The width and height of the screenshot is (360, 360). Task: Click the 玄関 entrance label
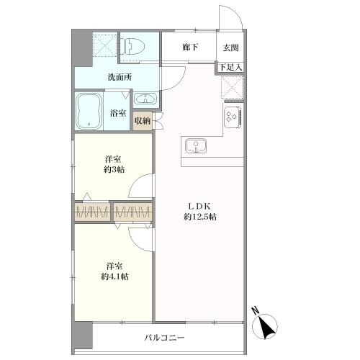tap(230, 48)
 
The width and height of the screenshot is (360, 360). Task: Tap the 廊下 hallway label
tap(191, 48)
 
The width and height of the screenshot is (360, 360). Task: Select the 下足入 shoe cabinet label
tap(230, 68)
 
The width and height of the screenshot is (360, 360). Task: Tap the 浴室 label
tap(117, 113)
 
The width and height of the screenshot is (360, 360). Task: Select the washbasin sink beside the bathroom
tap(145, 99)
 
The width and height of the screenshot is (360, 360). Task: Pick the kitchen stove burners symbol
tap(233, 116)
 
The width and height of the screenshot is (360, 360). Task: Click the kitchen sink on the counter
tap(194, 147)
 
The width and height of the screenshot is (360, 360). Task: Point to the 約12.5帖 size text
tap(199, 217)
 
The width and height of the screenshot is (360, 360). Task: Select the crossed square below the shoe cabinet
tap(232, 89)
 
